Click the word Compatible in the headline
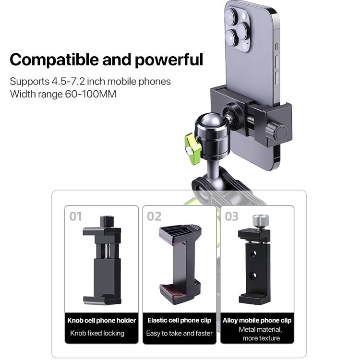click(54, 60)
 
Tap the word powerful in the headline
click(169, 60)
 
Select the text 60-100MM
click(90, 94)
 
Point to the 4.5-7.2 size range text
click(68, 82)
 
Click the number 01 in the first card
click(75, 216)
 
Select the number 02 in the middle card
click(154, 216)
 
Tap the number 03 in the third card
click(232, 216)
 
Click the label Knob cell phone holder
click(101, 320)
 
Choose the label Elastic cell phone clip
click(180, 320)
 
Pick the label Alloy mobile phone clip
click(257, 320)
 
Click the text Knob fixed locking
click(97, 333)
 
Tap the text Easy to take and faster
click(180, 333)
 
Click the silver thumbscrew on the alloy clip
click(261, 221)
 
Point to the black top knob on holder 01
click(107, 221)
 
